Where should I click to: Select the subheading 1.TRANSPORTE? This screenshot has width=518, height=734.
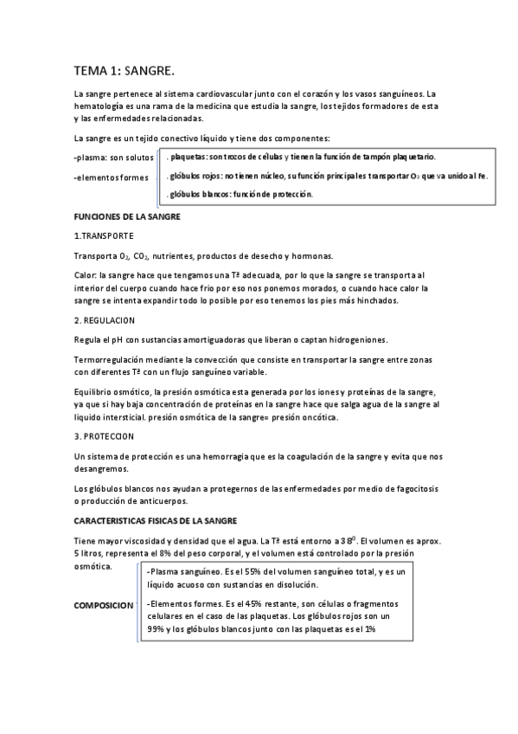[104, 235]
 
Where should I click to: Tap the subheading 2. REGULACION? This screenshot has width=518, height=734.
[106, 320]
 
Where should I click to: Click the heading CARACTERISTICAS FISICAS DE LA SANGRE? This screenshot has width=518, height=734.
[156, 521]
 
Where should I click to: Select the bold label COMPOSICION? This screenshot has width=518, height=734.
[104, 606]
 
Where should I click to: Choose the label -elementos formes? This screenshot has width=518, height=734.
[111, 178]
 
